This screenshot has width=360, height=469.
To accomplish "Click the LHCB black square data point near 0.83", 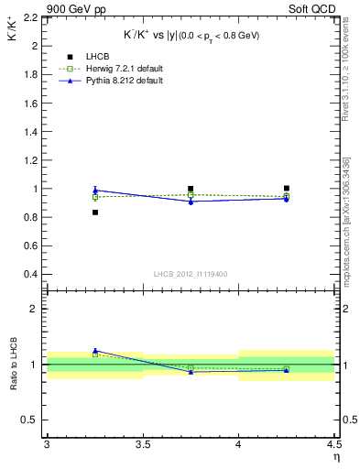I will coord(94,213).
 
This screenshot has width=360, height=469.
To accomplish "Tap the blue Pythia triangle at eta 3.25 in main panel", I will coord(94,191).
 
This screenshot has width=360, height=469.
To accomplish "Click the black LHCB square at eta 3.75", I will coord(191,189).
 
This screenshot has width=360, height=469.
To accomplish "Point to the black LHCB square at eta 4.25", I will coord(287,188).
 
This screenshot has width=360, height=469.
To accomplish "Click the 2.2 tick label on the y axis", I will coord(31,17).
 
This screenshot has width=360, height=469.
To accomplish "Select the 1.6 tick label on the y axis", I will coord(31,103).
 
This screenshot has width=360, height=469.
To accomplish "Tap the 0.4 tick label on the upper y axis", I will coord(31,274).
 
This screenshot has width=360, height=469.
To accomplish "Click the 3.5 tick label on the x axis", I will coord(142,445).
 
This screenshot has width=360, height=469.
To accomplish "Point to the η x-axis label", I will coord(335,457).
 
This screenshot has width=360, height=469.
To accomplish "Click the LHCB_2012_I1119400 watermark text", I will coord(191,275).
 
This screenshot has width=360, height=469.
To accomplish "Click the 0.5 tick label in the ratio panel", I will coord(31,420).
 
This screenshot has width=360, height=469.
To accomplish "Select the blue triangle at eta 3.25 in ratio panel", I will coord(94,350).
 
